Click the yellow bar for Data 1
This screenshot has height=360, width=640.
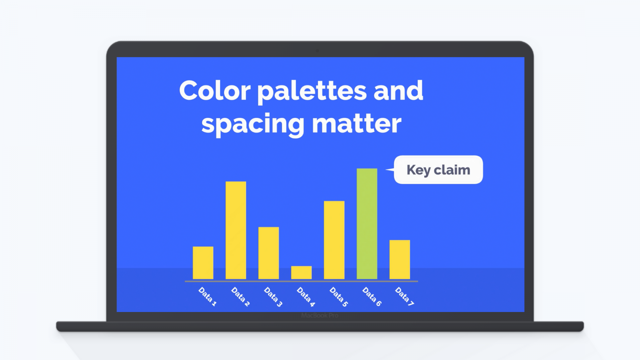pyautogui.click(x=203, y=263)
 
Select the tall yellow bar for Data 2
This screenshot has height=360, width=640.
pyautogui.click(x=236, y=230)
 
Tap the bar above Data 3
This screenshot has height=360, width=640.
pyautogui.click(x=268, y=253)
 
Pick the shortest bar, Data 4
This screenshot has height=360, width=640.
pyautogui.click(x=301, y=272)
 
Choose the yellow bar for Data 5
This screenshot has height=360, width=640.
pyautogui.click(x=334, y=240)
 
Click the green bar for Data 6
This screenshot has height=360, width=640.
pyautogui.click(x=367, y=224)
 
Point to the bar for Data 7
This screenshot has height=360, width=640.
pyautogui.click(x=400, y=259)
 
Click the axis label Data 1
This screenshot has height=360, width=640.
pyautogui.click(x=207, y=296)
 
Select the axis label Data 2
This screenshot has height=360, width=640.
pyautogui.click(x=240, y=296)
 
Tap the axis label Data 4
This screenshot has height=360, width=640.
pyautogui.click(x=306, y=296)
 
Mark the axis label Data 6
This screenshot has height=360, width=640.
pyautogui.click(x=372, y=296)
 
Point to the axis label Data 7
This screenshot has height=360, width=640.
pyautogui.click(x=404, y=296)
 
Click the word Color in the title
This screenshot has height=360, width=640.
pyautogui.click(x=215, y=91)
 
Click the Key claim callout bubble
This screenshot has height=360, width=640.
pyautogui.click(x=438, y=170)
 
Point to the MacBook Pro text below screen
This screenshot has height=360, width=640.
pyautogui.click(x=320, y=316)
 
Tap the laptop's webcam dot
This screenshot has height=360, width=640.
pyautogui.click(x=317, y=51)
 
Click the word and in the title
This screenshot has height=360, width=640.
pyautogui.click(x=398, y=91)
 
